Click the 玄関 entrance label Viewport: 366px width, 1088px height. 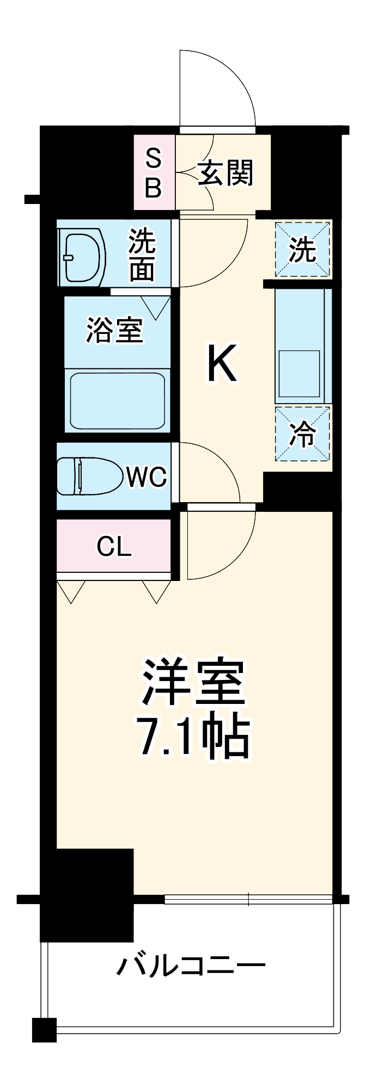pos(225,174)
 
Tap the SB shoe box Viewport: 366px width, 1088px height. pos(155,172)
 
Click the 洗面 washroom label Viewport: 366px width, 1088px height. pos(142,256)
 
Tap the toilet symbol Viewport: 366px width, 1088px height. pos(87,476)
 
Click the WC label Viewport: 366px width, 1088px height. pos(147,477)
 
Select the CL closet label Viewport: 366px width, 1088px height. pos(114,547)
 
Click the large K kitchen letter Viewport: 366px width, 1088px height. pos(222,364)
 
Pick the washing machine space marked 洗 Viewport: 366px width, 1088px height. pos(303,249)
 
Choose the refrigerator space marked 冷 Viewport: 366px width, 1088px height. pos(303,434)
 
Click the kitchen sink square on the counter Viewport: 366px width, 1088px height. pos(299,373)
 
